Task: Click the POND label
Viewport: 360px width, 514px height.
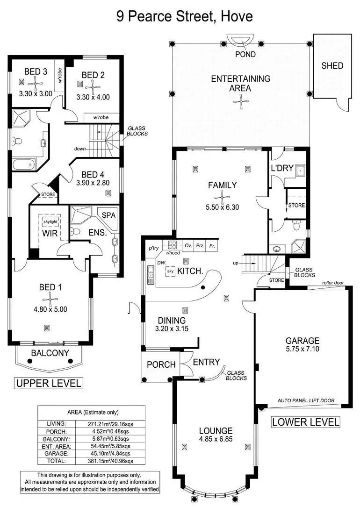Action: [x=245, y=54]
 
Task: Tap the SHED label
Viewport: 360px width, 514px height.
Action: [x=332, y=66]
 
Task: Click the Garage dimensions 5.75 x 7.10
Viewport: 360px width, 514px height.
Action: [x=302, y=349]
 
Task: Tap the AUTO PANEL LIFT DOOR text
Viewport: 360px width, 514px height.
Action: [x=307, y=401]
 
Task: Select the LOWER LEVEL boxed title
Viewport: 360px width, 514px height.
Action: [x=306, y=422]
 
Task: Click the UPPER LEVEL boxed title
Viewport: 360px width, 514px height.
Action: [x=49, y=384]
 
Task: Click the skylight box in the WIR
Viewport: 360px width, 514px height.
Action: [x=50, y=221]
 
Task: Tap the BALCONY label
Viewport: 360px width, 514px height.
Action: [x=50, y=353]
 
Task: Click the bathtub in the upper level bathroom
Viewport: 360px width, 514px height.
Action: [x=23, y=164]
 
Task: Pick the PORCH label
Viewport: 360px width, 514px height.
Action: [x=161, y=364]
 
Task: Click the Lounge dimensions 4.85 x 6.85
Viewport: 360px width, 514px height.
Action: [x=216, y=440]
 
